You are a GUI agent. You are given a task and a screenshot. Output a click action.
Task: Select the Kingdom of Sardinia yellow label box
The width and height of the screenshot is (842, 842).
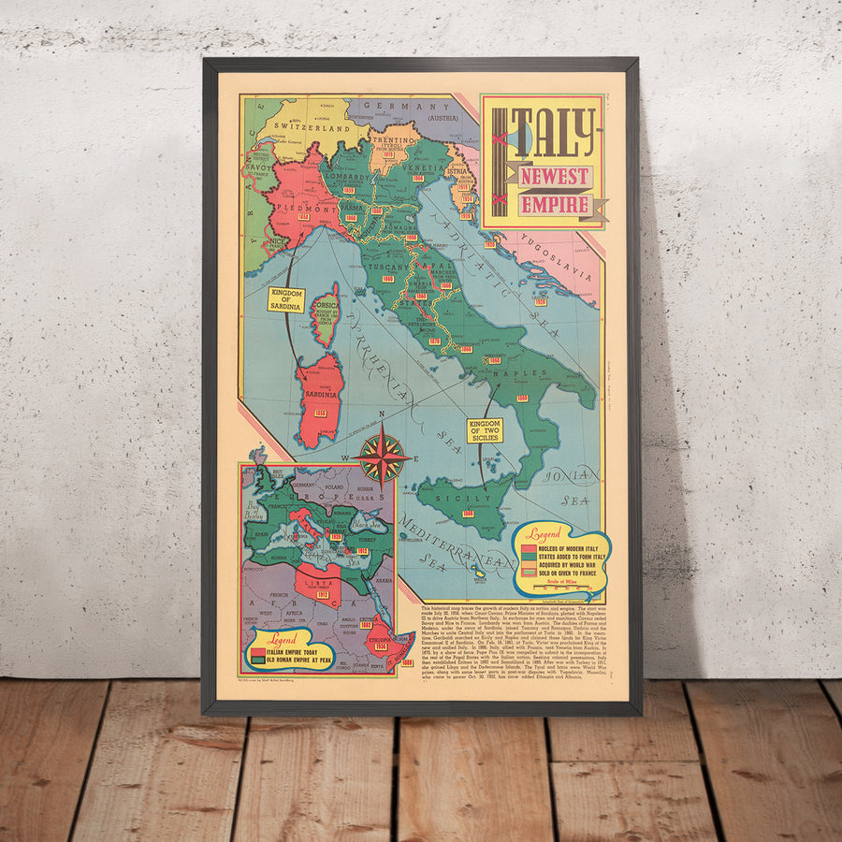click(x=287, y=299)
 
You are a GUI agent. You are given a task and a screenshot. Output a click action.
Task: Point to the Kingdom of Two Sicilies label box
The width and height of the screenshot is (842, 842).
click(x=486, y=430)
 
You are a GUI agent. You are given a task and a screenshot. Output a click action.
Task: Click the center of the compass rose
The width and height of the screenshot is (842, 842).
click(x=382, y=458)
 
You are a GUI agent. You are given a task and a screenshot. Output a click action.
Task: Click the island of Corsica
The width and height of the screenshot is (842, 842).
click(x=327, y=315)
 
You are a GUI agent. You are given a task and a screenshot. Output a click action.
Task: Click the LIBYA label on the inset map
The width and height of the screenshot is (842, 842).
click(x=323, y=580)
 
